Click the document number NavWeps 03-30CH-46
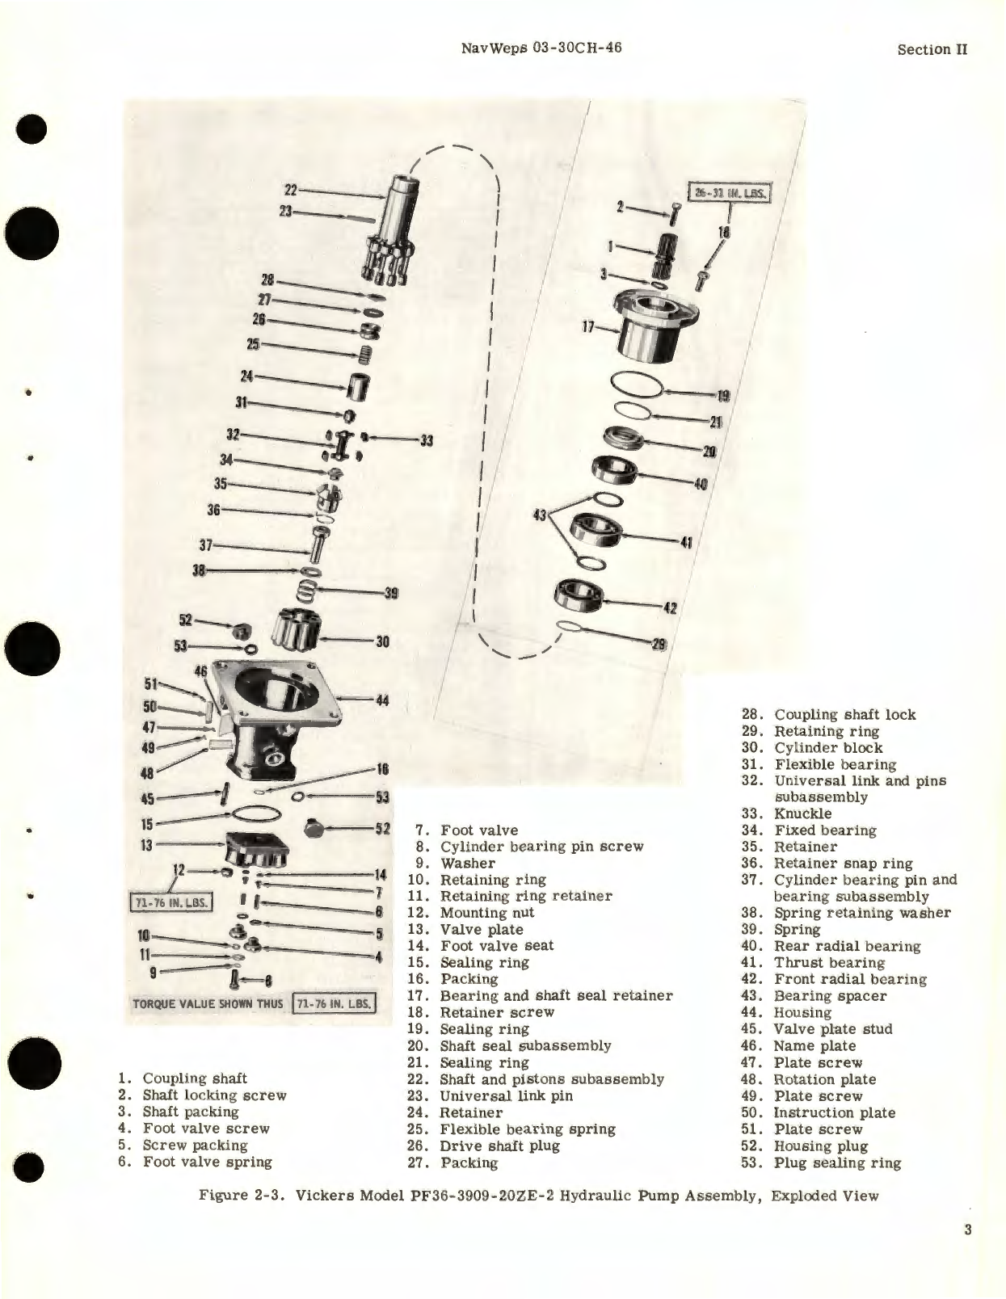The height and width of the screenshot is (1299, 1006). coord(541,48)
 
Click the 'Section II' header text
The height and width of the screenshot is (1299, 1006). coord(932,49)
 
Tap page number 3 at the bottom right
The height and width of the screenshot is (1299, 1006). coord(967,1230)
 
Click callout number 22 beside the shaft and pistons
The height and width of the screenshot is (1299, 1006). coord(291,191)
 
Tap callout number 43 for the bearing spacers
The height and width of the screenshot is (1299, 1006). coord(541,514)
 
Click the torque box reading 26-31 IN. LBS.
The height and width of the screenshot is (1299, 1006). coord(730,194)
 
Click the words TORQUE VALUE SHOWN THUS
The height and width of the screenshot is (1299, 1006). coord(208,1004)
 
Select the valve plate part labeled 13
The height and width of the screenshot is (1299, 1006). coord(259,846)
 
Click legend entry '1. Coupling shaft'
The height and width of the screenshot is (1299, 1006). coord(183,1078)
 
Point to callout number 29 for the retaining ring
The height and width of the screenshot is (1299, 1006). coord(659,645)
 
